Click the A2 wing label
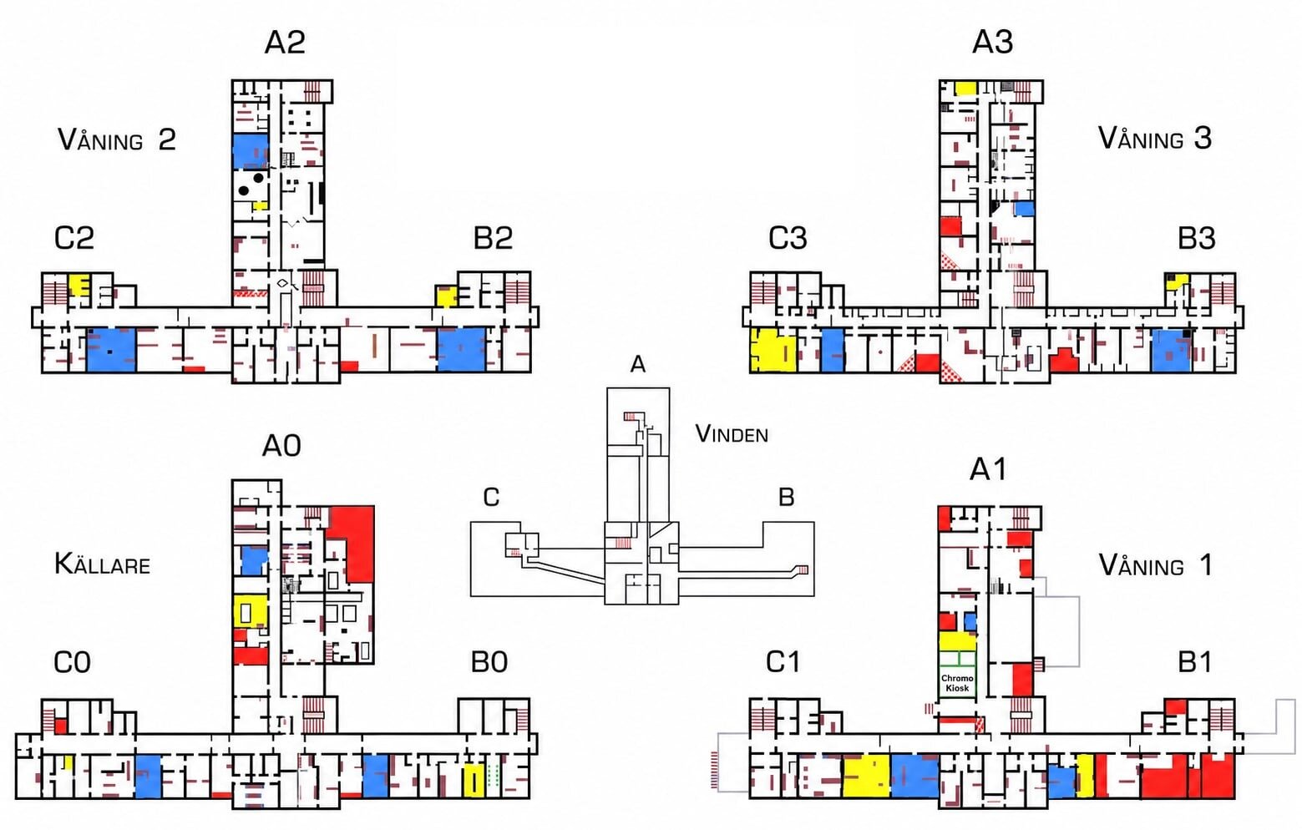(x=285, y=42)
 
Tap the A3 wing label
(x=993, y=42)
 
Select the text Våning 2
(x=117, y=139)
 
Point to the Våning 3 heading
(x=1155, y=139)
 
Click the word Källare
(x=102, y=564)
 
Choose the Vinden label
(x=732, y=433)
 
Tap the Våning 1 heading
(x=1156, y=565)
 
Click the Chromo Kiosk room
(x=957, y=682)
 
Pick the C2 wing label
(x=73, y=238)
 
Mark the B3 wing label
(x=1197, y=238)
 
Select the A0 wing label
(x=282, y=447)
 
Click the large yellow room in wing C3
(x=773, y=349)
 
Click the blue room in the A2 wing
(x=251, y=151)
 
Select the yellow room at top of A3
(x=965, y=89)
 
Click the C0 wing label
(x=73, y=663)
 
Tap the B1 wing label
(x=1195, y=663)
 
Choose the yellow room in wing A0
(x=251, y=611)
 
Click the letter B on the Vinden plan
(x=787, y=498)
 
